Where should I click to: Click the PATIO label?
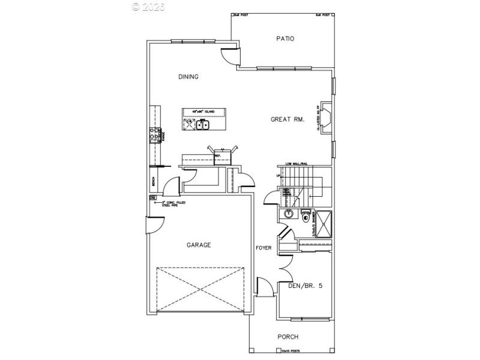point(285,39)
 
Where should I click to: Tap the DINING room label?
point(188,77)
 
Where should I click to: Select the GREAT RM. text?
point(287,119)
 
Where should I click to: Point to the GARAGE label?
point(198,245)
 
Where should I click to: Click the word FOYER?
point(263,248)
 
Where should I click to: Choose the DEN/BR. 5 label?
point(305,286)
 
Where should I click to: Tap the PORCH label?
point(287,337)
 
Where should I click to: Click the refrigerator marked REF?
point(218,157)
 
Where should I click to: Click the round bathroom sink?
point(288,214)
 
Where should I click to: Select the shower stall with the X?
point(322,224)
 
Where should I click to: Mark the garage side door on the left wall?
point(154,226)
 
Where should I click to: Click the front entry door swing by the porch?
point(262,287)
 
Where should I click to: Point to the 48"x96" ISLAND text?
point(203,112)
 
